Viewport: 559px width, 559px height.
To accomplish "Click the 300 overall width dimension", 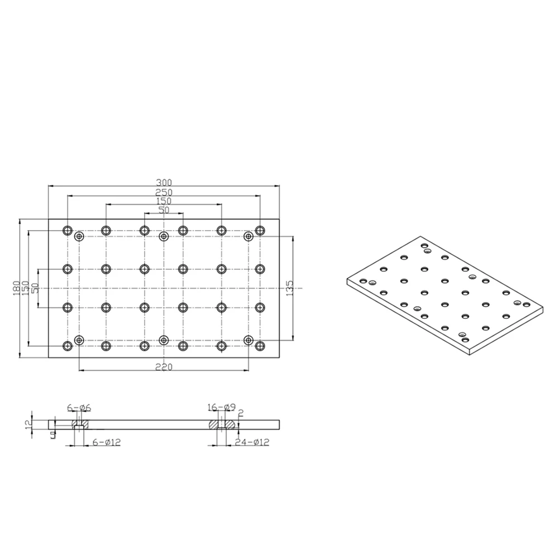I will coord(164,183).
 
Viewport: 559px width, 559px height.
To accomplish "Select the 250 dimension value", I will coord(164,192).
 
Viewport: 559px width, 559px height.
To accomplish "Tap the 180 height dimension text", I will coord(17,288).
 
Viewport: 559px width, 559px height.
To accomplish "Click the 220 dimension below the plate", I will coord(164,367).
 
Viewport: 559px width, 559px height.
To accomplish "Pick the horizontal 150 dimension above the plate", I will coord(164,201).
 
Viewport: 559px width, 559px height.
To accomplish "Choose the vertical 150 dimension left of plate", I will coord(25,288).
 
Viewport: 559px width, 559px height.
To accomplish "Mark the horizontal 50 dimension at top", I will coord(164,210).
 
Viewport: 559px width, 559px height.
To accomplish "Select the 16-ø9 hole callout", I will coord(221,407).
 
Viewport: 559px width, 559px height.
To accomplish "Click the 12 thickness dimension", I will coord(26,423).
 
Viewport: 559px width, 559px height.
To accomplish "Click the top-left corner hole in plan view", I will coord(68,230).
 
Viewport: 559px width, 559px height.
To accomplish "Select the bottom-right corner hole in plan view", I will coord(260,346).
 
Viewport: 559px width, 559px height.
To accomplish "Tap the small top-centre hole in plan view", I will coord(164,237).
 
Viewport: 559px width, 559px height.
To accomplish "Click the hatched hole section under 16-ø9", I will coord(221,424).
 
